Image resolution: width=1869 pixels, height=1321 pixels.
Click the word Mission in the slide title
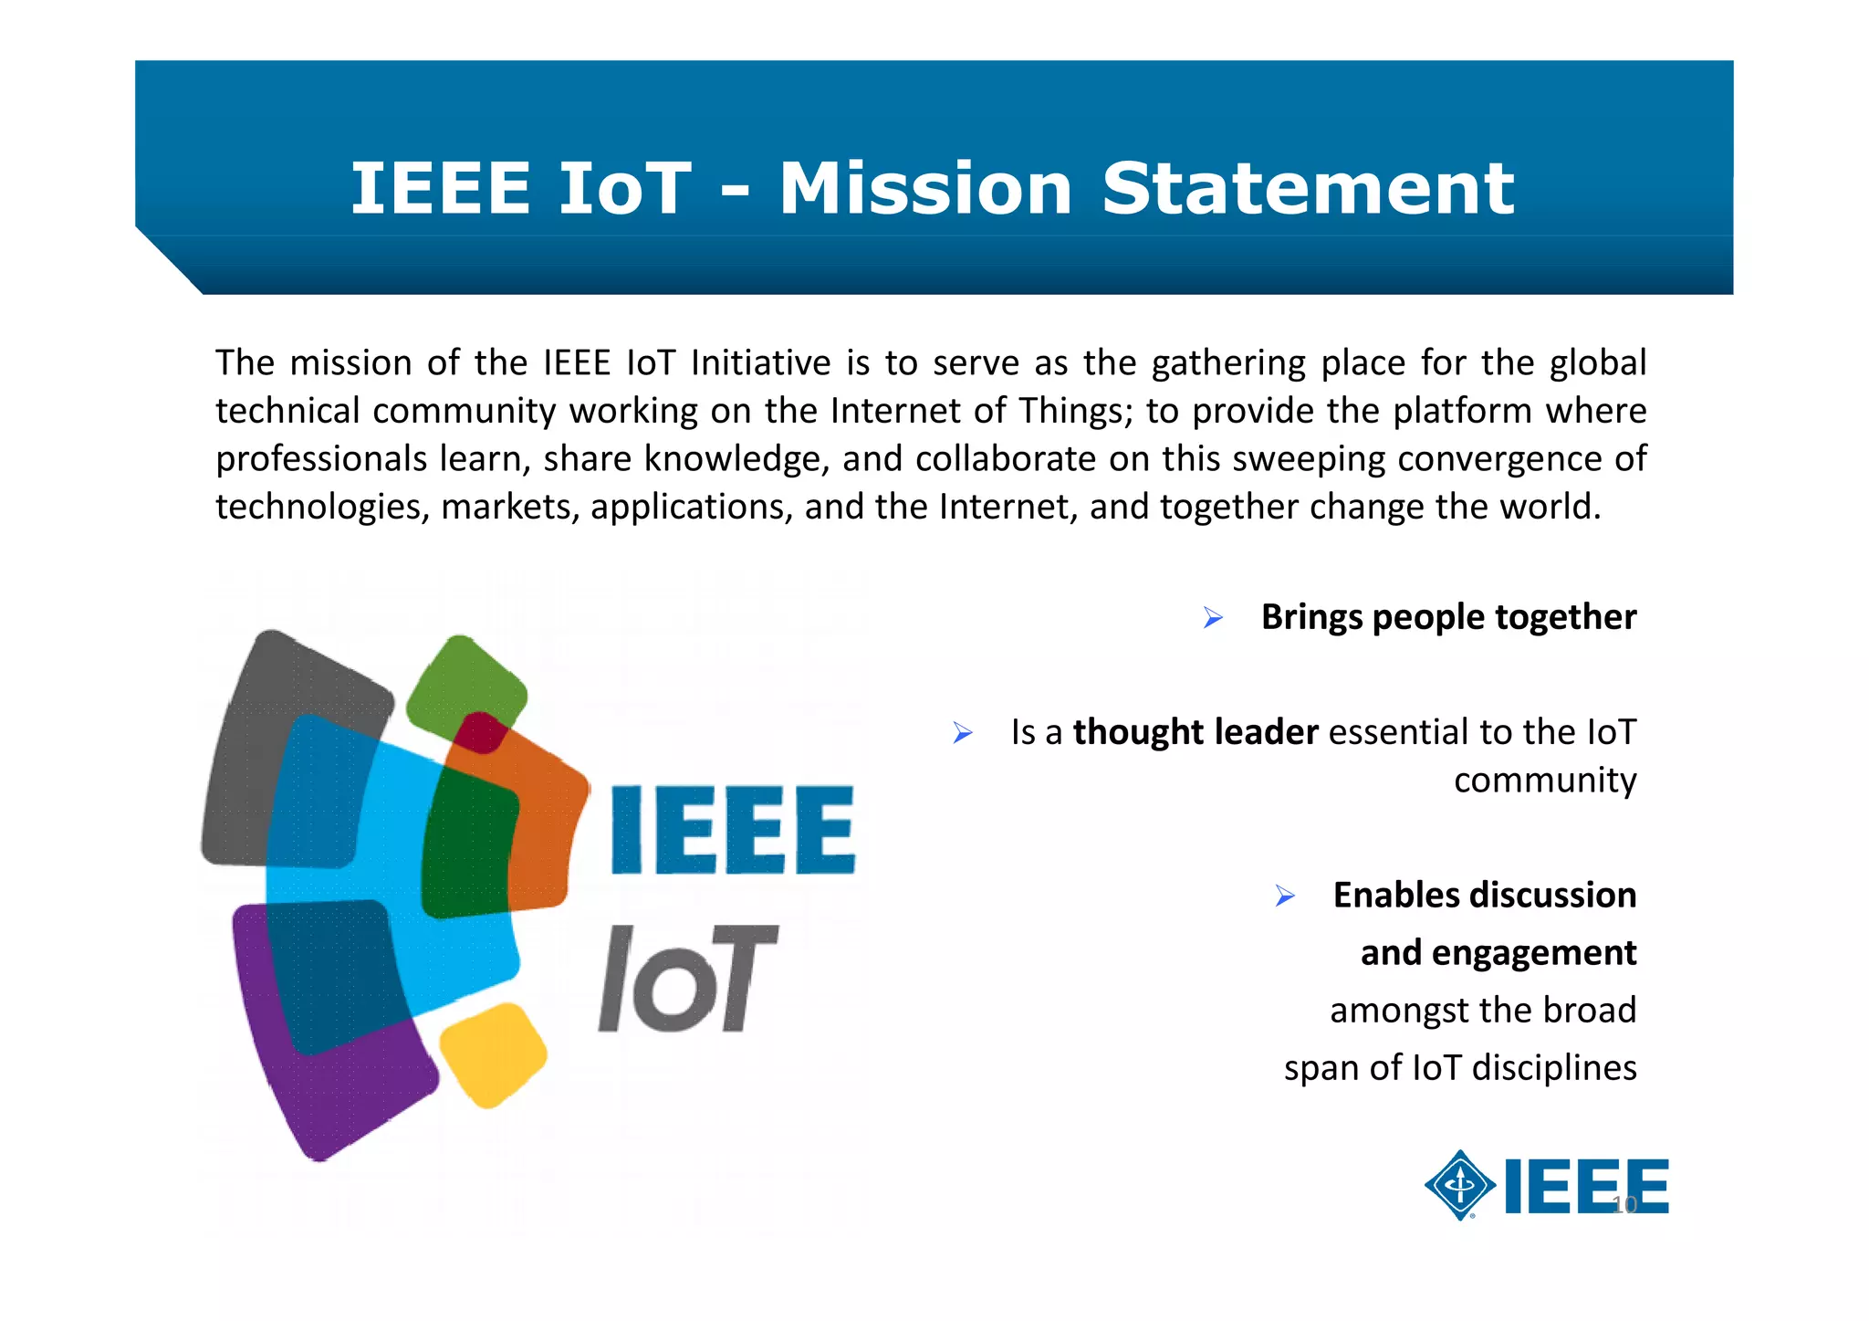(924, 189)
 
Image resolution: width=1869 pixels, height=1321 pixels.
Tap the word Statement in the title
(1308, 189)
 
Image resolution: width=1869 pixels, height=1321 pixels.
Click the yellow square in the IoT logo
(493, 1055)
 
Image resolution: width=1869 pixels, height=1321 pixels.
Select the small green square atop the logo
(465, 680)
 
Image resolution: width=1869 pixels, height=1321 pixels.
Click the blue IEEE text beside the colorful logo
(733, 830)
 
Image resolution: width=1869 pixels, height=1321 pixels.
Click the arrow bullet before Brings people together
(1213, 618)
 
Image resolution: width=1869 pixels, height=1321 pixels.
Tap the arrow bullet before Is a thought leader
(963, 733)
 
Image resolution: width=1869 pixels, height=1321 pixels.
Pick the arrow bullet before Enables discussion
(1285, 896)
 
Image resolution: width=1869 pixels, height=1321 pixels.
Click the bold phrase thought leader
(1196, 732)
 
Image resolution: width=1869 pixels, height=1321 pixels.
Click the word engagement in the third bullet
(1534, 953)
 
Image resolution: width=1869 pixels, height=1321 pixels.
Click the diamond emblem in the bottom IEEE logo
(1460, 1185)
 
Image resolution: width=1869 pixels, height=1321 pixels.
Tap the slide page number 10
(1624, 1205)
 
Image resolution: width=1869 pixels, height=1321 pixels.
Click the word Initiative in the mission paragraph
(761, 363)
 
